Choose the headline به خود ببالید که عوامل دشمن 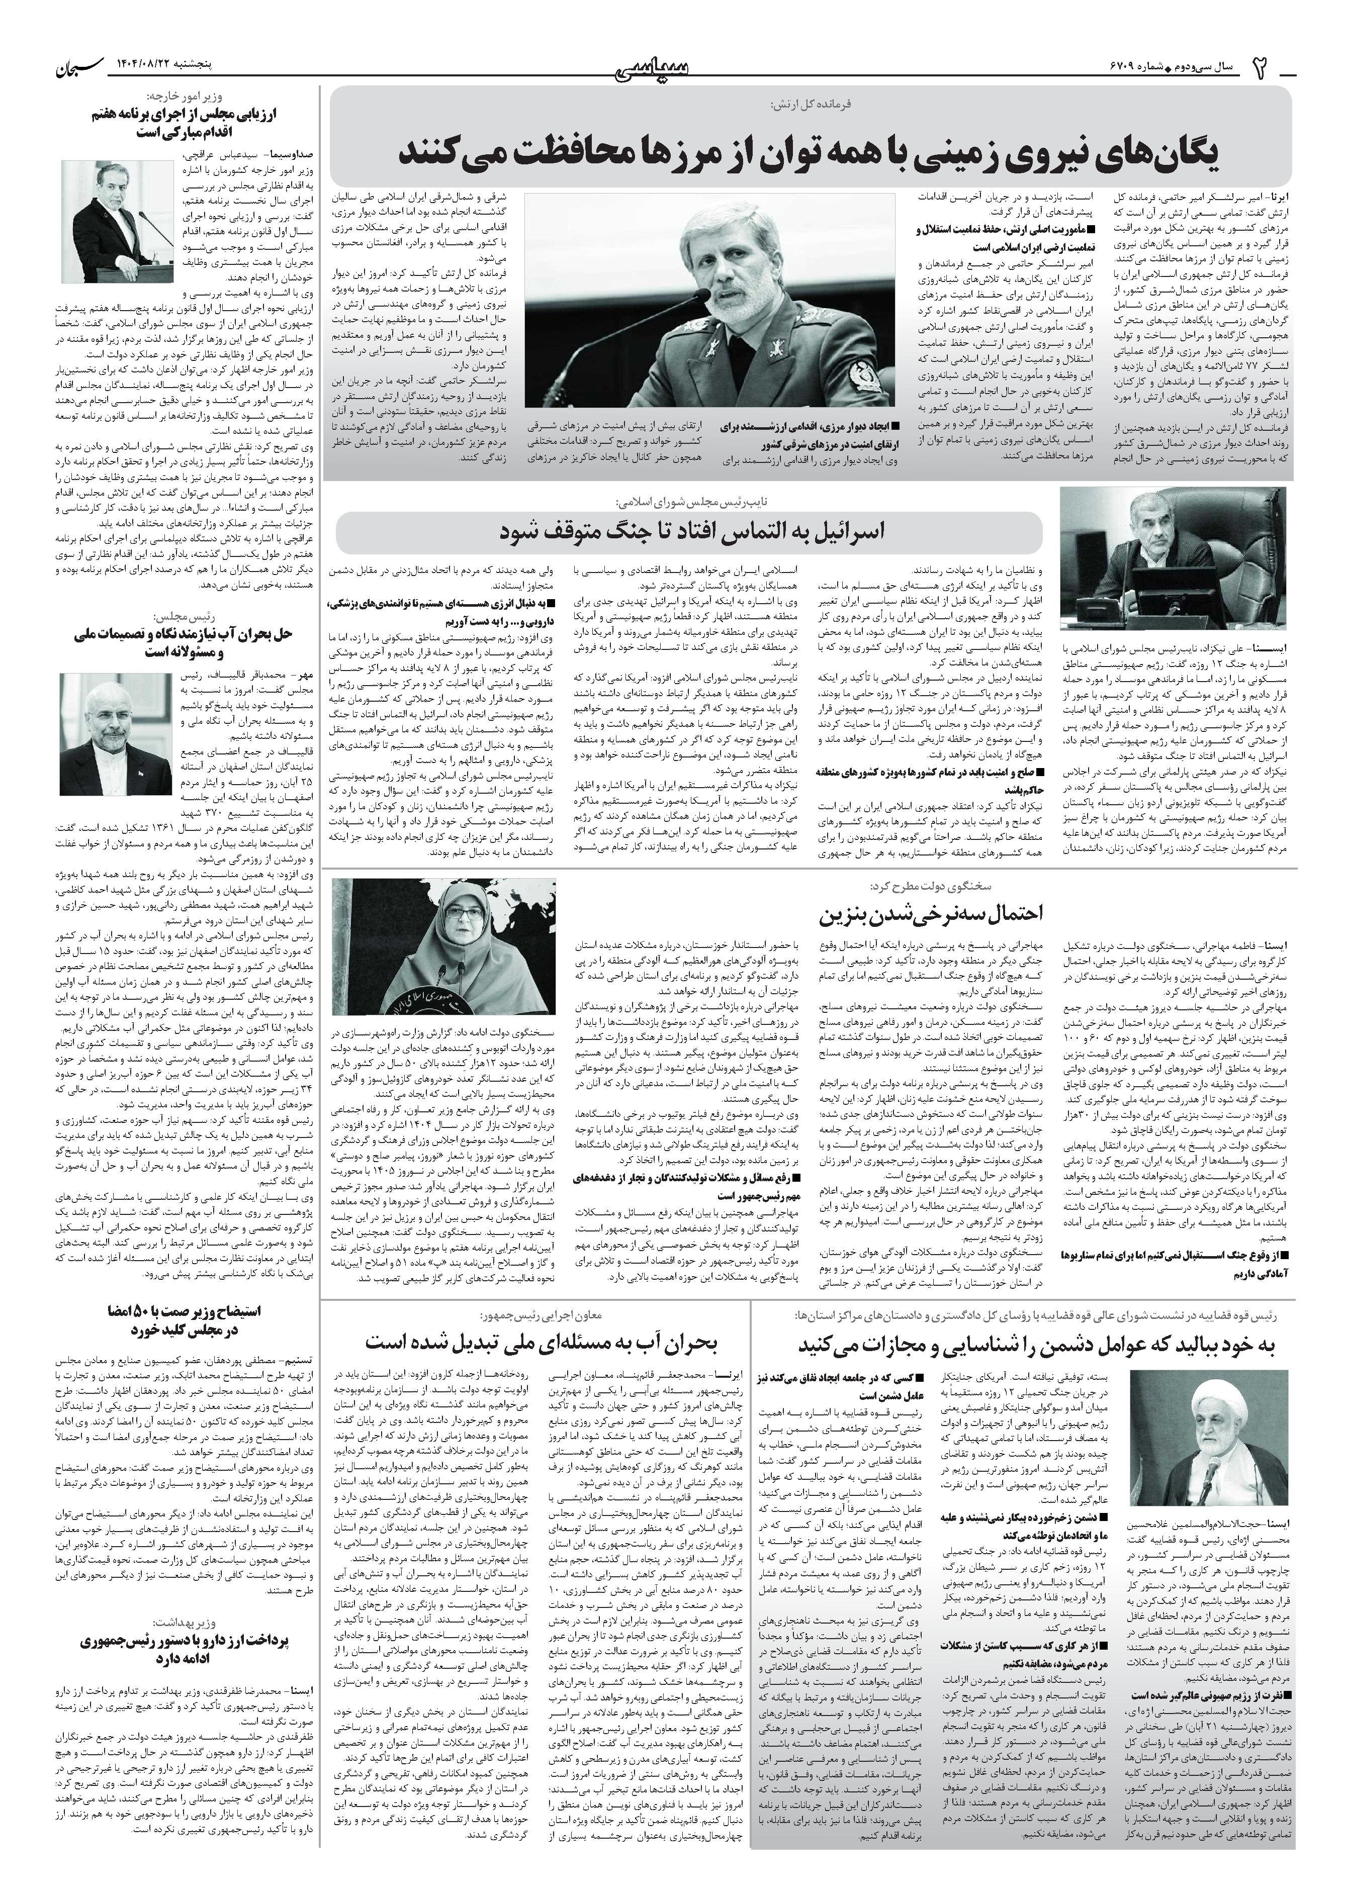click(1035, 1343)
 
